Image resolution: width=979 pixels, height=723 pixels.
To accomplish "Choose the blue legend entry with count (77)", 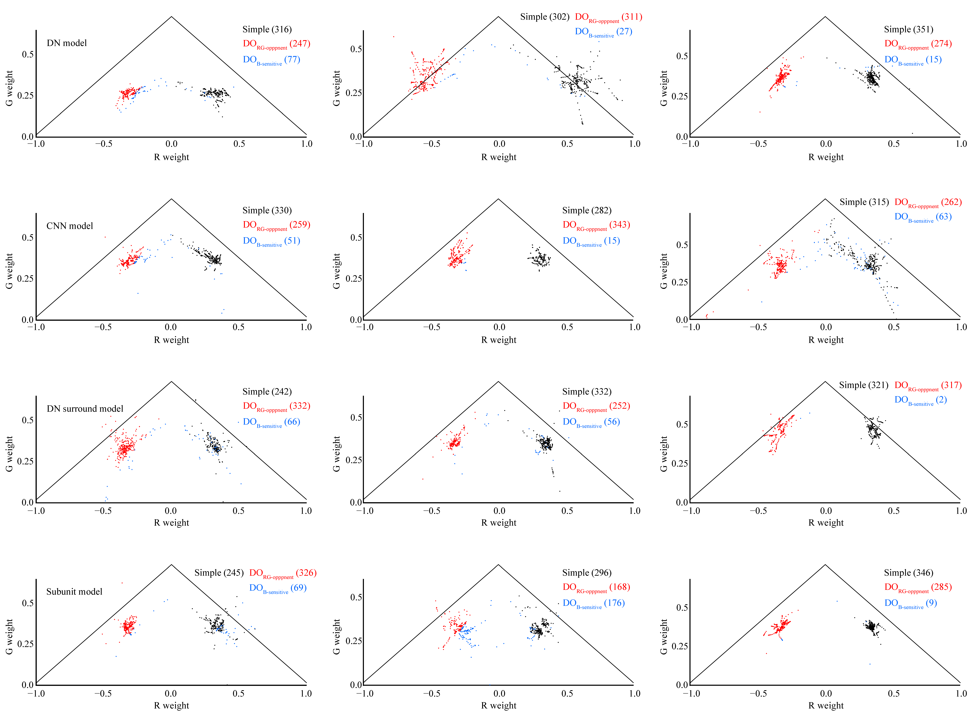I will (272, 60).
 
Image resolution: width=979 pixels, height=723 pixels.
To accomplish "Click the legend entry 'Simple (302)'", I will (545, 17).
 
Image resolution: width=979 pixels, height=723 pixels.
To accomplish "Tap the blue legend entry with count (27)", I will (604, 32).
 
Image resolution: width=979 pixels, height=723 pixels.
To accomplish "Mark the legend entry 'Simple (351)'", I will (908, 29).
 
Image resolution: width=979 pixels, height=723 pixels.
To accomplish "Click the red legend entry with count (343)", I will (596, 225).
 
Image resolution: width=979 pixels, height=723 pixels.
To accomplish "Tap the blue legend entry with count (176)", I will (594, 604).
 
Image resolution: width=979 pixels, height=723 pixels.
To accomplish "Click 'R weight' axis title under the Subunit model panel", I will (171, 706).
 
